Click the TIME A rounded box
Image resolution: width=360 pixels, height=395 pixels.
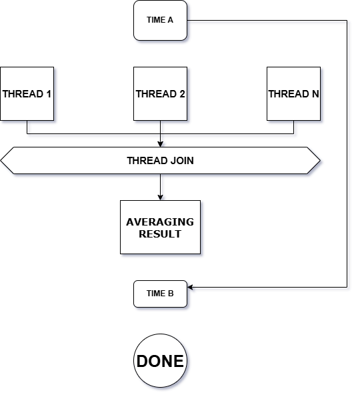160,20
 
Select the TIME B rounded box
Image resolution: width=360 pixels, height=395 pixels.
160,294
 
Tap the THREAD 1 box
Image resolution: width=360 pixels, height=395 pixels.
27,93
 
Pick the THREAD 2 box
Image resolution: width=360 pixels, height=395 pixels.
160,93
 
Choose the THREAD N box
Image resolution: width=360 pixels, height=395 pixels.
293,93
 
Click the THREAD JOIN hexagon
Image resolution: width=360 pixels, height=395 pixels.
160,160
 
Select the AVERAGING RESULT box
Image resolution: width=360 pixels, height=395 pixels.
160,228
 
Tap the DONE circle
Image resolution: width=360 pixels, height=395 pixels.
160,361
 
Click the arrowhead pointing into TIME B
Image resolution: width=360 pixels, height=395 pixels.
190,287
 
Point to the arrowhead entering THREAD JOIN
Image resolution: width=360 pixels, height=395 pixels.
160,144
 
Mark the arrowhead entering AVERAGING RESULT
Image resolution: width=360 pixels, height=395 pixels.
160,197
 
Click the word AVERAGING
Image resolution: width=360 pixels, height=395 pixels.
160,222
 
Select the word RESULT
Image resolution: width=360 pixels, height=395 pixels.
160,234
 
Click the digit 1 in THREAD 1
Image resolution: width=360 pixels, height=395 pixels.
49,94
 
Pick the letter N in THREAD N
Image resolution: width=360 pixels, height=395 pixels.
315,94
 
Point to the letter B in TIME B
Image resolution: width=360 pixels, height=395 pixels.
171,294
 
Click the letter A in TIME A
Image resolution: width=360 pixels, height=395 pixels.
171,20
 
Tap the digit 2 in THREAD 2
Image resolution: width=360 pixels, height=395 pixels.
182,94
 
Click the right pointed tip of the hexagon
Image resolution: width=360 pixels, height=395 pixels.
320,160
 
